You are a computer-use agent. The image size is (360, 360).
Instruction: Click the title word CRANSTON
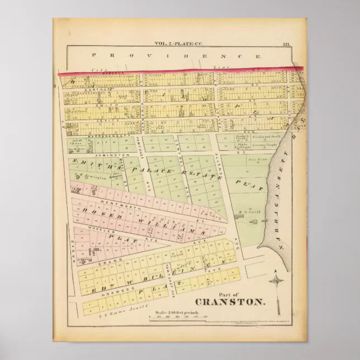230,302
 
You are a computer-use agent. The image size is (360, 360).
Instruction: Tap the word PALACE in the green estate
144,167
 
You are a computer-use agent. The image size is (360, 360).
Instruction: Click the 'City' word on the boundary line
101,70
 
